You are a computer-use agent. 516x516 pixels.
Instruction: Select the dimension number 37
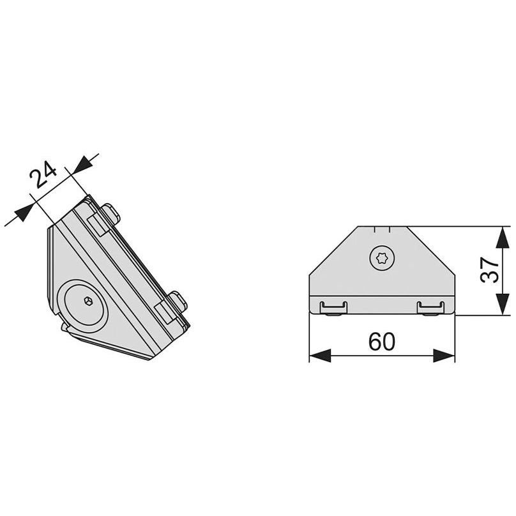pyautogui.click(x=489, y=270)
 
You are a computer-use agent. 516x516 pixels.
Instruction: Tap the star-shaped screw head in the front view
pyautogui.click(x=382, y=259)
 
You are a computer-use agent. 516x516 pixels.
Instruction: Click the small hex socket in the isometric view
pyautogui.click(x=88, y=300)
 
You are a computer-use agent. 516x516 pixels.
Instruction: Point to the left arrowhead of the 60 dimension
pyautogui.click(x=320, y=356)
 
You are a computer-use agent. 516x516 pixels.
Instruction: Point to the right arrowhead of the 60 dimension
pyautogui.click(x=444, y=356)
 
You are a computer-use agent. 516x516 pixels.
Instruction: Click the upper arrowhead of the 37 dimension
pyautogui.click(x=502, y=238)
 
